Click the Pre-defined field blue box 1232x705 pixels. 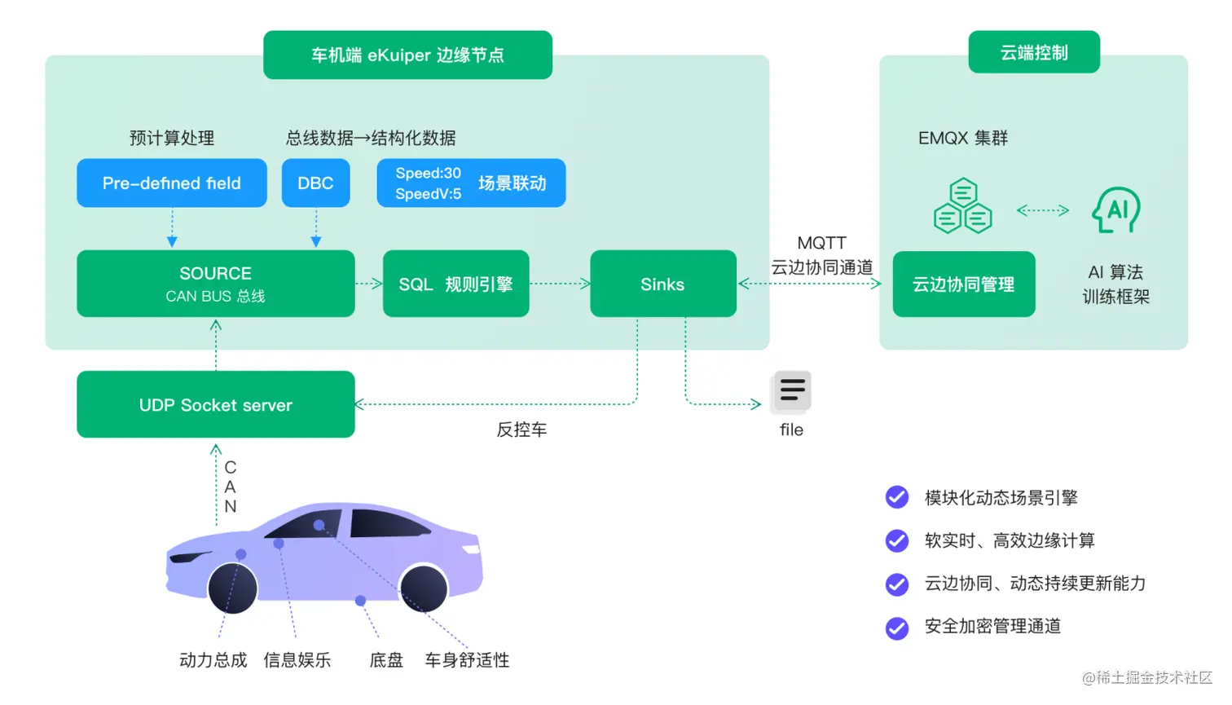171,183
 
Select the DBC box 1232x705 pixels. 315,183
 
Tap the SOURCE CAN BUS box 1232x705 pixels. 215,284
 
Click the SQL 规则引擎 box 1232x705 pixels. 455,284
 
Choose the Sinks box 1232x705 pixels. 662,284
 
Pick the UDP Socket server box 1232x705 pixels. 215,405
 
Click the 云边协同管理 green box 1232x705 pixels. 963,284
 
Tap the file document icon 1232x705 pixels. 790,391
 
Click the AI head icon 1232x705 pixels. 1116,209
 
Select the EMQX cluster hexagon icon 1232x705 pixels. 962,207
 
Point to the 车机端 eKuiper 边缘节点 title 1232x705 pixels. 407,55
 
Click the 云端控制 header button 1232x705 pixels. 1033,52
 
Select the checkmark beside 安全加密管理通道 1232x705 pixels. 897,627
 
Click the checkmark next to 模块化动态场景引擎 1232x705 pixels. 897,497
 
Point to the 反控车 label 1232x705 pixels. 521,430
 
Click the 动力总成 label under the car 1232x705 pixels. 213,660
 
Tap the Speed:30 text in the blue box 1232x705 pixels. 428,173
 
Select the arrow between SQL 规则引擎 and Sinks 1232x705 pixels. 560,284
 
